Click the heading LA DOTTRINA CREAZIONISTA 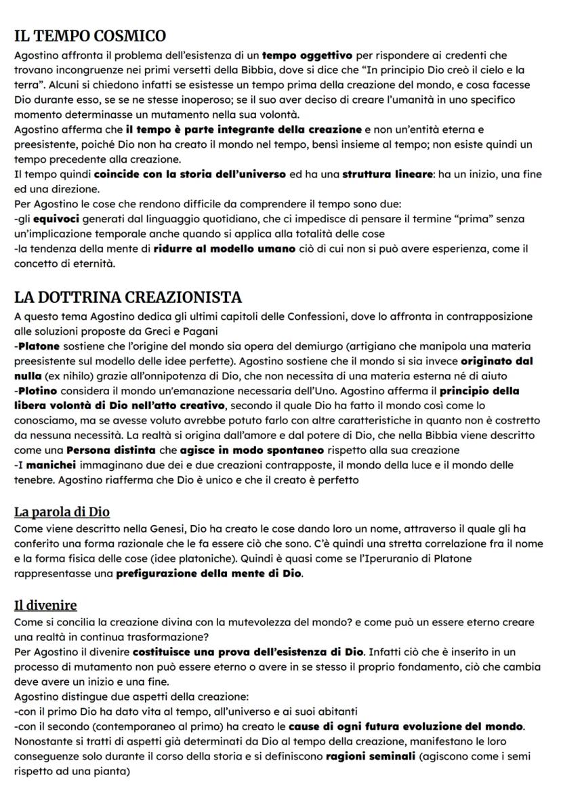[128, 297]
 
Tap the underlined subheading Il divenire [45, 605]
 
